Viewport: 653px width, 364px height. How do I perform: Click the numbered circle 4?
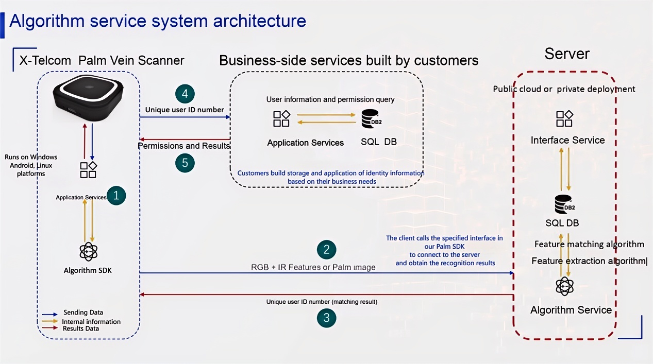coord(185,94)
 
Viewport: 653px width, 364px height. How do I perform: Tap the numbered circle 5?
coord(185,163)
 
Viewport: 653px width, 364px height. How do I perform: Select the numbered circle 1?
coord(116,196)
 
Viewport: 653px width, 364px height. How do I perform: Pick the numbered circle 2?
coord(326,250)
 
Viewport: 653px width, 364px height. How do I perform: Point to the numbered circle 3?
coord(326,318)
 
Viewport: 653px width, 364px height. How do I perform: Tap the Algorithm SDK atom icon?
coord(89,251)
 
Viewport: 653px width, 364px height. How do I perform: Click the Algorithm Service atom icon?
coord(565,286)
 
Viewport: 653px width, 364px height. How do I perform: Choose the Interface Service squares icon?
coord(564,118)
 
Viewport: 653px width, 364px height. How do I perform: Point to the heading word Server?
coord(566,54)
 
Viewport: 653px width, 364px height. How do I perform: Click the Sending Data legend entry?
coord(82,313)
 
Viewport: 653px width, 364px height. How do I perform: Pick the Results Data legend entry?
coord(81,328)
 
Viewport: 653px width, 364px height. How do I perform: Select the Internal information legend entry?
coord(91,321)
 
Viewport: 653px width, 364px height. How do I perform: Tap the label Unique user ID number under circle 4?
coord(185,110)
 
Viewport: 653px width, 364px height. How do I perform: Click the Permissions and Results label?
coord(183,146)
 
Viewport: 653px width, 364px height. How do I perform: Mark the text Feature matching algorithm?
coord(589,244)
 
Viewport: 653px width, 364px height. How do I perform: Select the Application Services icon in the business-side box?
coord(281,119)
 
